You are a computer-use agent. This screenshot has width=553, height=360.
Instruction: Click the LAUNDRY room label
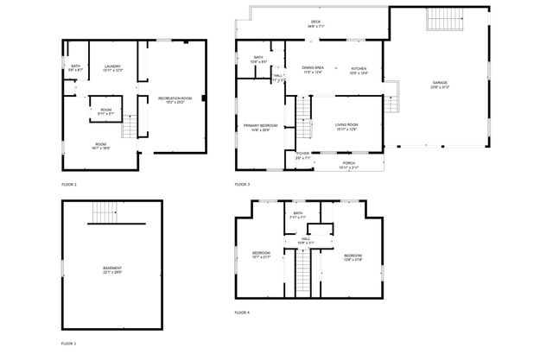(x=112, y=67)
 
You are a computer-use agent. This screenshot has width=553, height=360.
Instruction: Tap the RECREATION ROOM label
(x=174, y=100)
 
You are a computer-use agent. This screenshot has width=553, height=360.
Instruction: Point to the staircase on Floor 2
(x=130, y=128)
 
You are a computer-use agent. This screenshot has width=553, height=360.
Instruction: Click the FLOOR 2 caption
(x=69, y=185)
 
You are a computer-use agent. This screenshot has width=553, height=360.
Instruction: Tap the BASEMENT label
(x=112, y=269)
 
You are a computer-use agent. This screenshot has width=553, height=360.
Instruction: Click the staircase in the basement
(x=105, y=211)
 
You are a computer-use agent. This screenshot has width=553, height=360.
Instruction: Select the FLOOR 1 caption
(x=69, y=344)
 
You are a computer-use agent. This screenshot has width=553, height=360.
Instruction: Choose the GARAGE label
(x=440, y=85)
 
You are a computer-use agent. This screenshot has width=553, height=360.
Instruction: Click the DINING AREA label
(x=313, y=68)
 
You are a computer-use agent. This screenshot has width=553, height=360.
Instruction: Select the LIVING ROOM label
(x=346, y=127)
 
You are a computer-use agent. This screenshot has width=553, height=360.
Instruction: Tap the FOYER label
(x=302, y=157)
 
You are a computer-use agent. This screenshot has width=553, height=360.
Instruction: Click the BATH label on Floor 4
(x=298, y=214)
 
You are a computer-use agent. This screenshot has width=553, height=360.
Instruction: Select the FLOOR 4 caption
(x=242, y=312)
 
